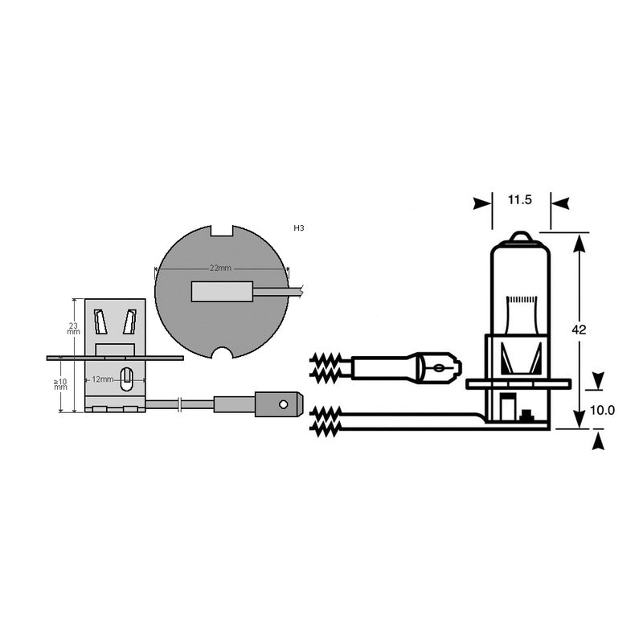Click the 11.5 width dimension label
[520, 200]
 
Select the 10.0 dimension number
[602, 410]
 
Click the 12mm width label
[103, 379]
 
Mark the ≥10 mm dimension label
[61, 383]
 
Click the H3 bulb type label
[299, 229]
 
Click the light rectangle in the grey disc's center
[222, 289]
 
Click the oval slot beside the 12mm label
[126, 379]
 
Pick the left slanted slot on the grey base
[100, 322]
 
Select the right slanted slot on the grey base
[129, 322]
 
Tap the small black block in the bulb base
[527, 416]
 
